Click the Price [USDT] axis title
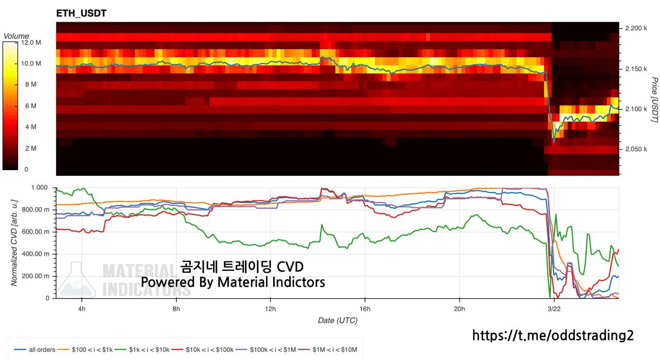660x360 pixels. click(x=654, y=100)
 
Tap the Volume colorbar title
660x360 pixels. click(x=16, y=36)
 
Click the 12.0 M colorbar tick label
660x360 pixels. click(x=31, y=43)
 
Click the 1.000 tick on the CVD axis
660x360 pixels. click(x=40, y=188)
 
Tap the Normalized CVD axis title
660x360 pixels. click(x=14, y=240)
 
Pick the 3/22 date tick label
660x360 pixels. click(x=554, y=309)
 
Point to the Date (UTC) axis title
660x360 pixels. click(x=337, y=320)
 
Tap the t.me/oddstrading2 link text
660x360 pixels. click(x=553, y=336)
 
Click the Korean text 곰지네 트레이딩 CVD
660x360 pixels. click(x=242, y=267)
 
